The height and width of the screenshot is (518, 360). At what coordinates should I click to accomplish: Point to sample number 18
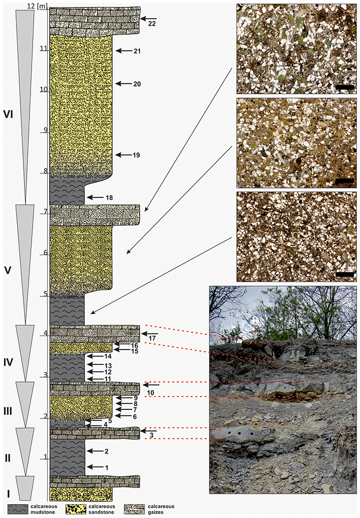(x=109, y=197)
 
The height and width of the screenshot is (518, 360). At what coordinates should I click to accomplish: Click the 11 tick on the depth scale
(x=44, y=49)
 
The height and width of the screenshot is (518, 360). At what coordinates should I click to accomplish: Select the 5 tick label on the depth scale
(x=46, y=294)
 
